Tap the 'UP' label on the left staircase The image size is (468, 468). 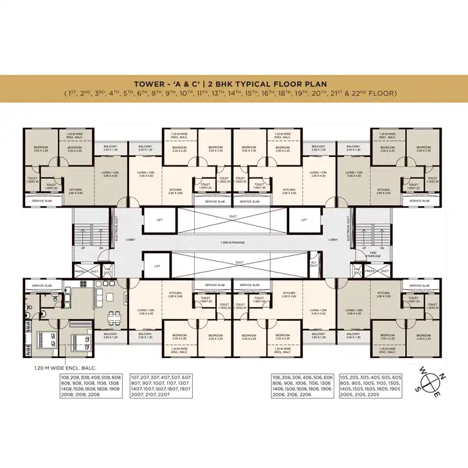(x=82, y=247)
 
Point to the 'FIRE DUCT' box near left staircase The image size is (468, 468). (x=108, y=271)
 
